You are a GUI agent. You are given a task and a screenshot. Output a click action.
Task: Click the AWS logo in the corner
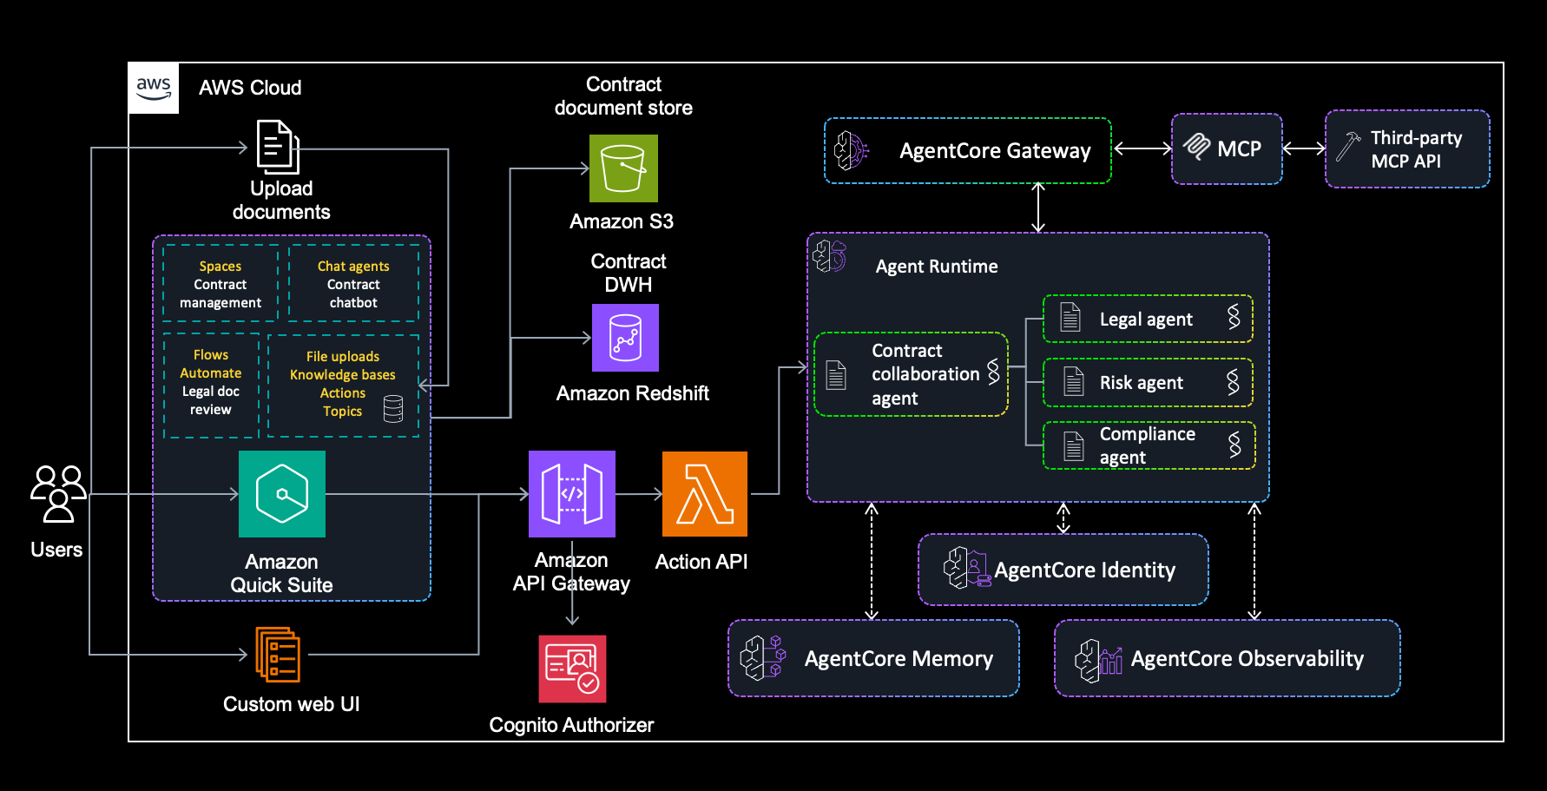[x=154, y=88]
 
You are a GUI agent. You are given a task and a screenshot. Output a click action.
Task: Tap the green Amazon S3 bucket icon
[x=623, y=168]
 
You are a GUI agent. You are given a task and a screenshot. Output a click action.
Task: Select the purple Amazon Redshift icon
[x=625, y=338]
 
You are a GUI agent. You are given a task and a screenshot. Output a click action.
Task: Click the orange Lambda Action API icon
[x=704, y=494]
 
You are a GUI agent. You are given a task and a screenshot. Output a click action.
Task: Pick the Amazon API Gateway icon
[x=571, y=494]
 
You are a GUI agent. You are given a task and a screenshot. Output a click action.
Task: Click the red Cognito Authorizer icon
[x=572, y=669]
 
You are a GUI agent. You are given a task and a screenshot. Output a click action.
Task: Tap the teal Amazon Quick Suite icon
[x=282, y=494]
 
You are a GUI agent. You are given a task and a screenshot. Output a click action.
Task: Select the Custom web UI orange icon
[x=278, y=655]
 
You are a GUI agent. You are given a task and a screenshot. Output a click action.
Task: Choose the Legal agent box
[x=1148, y=319]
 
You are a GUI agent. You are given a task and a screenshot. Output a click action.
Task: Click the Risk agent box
[x=1148, y=383]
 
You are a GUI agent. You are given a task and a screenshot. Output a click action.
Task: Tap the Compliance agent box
[x=1148, y=445]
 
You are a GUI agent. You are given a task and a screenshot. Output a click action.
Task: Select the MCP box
[x=1227, y=148]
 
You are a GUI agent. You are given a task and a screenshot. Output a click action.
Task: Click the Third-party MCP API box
[x=1406, y=148]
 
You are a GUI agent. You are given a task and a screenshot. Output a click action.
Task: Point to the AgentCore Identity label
[x=1084, y=570]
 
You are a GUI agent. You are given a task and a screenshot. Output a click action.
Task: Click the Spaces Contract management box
[x=221, y=284]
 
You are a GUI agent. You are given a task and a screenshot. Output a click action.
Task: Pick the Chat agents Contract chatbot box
[x=353, y=284]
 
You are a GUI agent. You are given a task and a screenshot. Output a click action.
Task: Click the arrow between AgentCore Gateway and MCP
[x=1142, y=148]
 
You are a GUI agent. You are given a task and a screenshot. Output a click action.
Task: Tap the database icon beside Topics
[x=393, y=408]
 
